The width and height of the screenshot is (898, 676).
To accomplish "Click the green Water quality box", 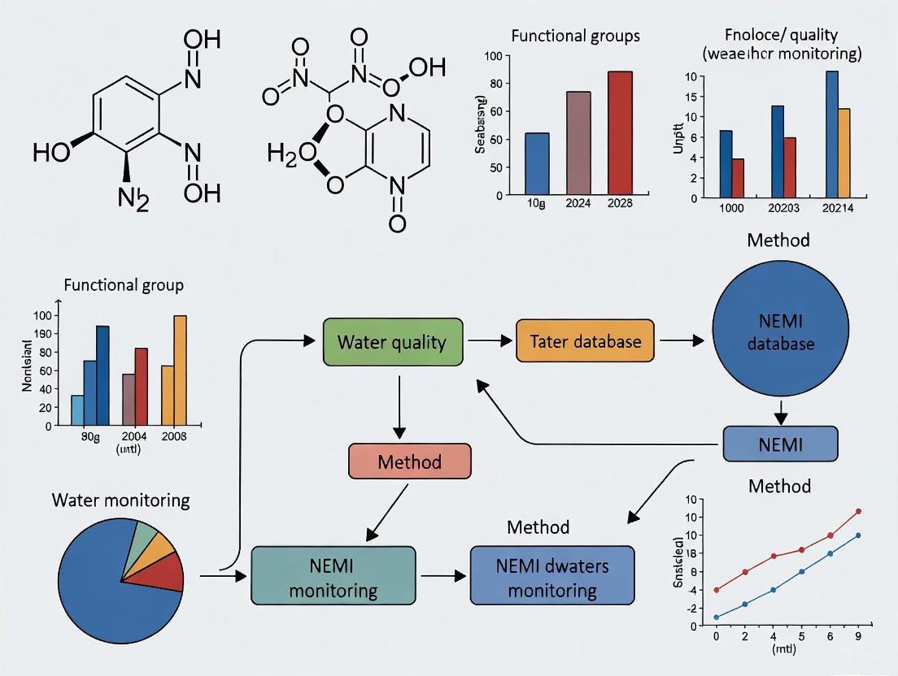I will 393,342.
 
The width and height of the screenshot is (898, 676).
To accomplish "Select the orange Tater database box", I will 586,342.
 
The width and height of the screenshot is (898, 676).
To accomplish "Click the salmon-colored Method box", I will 409,462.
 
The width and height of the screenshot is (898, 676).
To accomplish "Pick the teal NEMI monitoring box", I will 333,575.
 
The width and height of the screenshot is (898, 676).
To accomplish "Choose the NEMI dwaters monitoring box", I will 552,575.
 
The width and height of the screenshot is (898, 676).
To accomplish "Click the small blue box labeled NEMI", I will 780,444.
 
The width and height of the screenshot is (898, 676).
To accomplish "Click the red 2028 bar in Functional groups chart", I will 619,133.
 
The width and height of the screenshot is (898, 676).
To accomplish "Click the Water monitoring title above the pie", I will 120,500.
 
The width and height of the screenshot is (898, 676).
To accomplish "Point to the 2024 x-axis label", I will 578,203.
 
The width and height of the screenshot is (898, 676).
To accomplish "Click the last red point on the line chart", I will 858,512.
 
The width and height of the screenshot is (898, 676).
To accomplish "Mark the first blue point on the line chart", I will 716,617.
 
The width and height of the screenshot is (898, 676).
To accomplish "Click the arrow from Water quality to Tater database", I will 490,342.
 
